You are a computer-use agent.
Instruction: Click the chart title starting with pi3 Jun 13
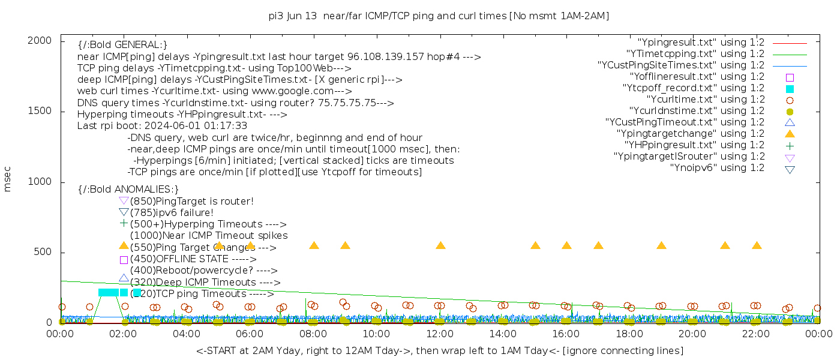coord(439,16)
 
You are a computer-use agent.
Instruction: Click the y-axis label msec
coord(8,179)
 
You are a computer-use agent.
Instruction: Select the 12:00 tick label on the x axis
coord(440,334)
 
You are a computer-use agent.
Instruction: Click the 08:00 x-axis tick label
coord(313,334)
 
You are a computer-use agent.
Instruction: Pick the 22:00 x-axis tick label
coord(756,334)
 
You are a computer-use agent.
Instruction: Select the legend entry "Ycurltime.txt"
coord(706,100)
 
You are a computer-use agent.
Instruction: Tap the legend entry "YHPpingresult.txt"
coord(694,145)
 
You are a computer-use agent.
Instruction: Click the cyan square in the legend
coord(790,89)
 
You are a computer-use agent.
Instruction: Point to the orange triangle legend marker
coord(790,134)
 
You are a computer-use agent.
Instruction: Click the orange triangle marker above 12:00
coord(440,245)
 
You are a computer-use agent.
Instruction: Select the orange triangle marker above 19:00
coord(661,245)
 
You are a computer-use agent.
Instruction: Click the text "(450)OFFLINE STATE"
coord(179,259)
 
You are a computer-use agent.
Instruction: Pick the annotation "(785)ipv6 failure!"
coord(172,213)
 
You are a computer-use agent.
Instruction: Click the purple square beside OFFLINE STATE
coord(124,260)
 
